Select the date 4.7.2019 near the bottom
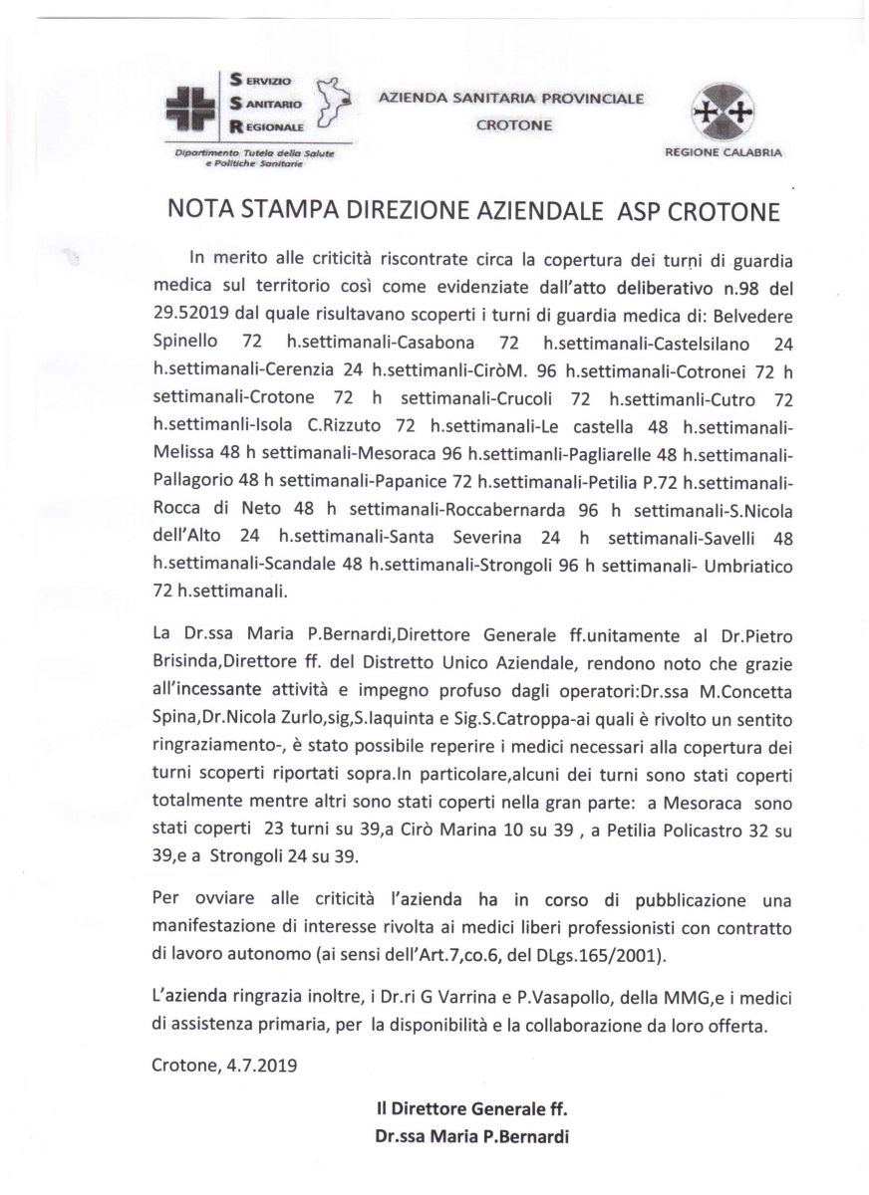click(x=262, y=1064)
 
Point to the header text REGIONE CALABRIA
click(x=723, y=152)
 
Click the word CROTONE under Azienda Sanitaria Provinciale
click(x=513, y=125)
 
